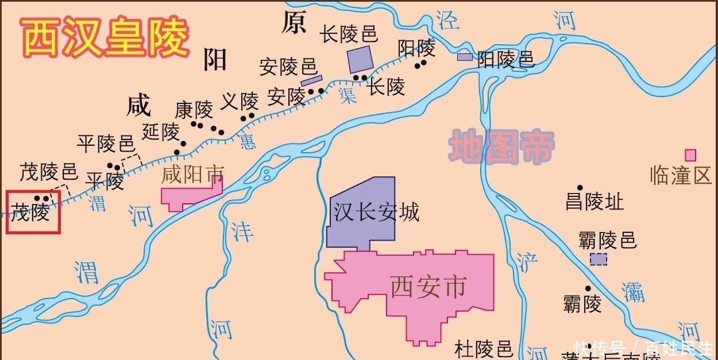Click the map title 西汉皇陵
coord(105,37)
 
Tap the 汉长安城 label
coord(376,212)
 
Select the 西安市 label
coord(427,287)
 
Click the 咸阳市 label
coord(192,174)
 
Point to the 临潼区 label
coord(681,175)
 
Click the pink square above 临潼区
coord(690,155)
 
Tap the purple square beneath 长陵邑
coord(360,60)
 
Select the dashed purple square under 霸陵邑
coord(599,260)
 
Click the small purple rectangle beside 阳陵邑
coord(465,57)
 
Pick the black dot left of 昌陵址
coord(580,188)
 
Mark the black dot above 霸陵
coord(588,288)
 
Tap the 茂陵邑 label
coord(48,171)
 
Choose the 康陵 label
coord(194,109)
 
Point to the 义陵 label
coord(240,102)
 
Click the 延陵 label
coord(161,132)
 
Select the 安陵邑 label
coord(288,67)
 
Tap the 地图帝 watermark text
coord(501,146)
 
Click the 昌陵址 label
coord(595,202)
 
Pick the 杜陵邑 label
coord(483,348)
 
